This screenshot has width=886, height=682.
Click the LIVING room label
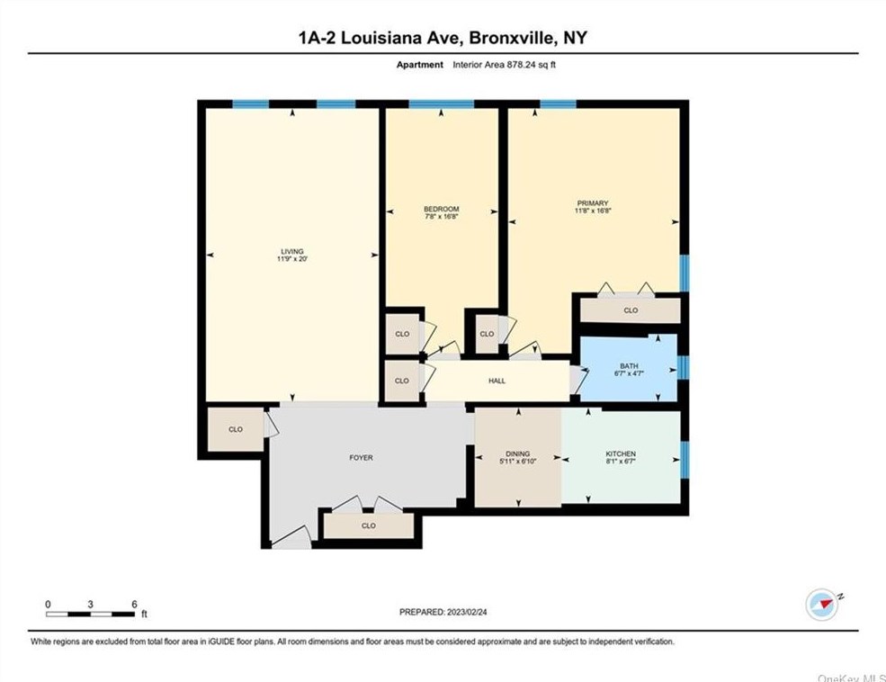click(291, 251)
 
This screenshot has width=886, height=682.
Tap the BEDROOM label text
click(442, 209)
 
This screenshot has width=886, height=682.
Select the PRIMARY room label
click(593, 203)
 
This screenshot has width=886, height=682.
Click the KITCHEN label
click(621, 453)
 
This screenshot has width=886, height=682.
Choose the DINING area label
click(517, 453)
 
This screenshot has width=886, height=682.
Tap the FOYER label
click(361, 458)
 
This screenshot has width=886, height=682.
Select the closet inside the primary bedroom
click(631, 310)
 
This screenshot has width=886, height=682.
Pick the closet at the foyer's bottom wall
click(369, 525)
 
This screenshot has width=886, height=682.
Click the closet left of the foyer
click(236, 429)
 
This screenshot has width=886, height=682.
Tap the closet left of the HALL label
click(402, 381)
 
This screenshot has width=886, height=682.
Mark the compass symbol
click(822, 604)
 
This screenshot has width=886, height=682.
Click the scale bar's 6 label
click(133, 604)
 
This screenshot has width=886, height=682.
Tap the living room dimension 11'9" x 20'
click(291, 259)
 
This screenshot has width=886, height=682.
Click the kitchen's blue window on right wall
click(684, 456)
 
